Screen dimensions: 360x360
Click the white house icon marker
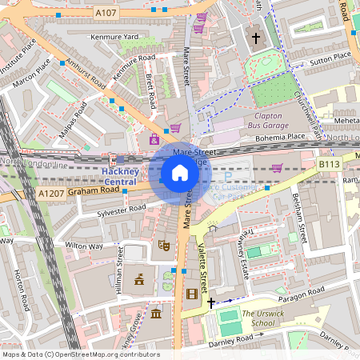pyautogui.click(x=179, y=173)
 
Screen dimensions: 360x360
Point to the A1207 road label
pyautogui.click(x=50, y=193)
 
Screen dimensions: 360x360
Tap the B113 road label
pyautogui.click(x=329, y=164)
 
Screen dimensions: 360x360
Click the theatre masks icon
pyautogui.click(x=163, y=246)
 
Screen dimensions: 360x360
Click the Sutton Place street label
pyautogui.click(x=330, y=58)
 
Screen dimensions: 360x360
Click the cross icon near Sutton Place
pyautogui.click(x=256, y=38)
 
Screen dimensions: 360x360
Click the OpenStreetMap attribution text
pyautogui.click(x=80, y=354)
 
